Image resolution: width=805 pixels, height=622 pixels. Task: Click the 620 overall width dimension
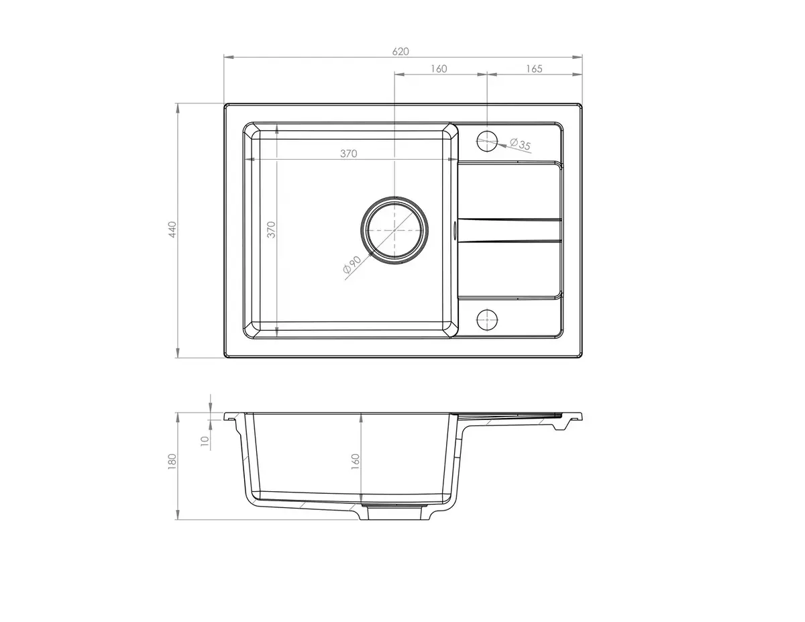pos(400,52)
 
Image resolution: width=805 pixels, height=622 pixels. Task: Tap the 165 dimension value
pos(534,69)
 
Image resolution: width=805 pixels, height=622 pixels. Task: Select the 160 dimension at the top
pos(439,69)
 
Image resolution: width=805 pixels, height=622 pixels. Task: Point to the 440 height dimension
pos(172,229)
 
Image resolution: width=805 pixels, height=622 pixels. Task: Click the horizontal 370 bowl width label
pos(349,154)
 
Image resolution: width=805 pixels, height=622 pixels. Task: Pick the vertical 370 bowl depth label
pos(272,229)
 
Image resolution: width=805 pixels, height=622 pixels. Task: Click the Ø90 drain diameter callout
pos(352,264)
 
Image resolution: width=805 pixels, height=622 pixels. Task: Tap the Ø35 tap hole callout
pos(520,144)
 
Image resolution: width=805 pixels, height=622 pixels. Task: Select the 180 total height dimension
pos(172,462)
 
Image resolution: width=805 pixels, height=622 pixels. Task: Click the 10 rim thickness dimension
pos(205,440)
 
